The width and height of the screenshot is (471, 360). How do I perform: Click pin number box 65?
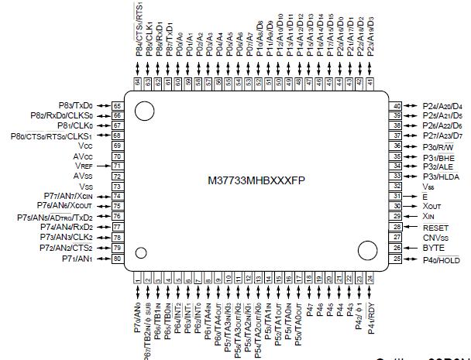(119, 105)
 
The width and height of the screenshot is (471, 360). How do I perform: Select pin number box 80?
(119, 259)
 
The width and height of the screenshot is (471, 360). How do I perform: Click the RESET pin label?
(436, 228)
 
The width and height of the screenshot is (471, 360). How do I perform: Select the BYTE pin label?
(432, 248)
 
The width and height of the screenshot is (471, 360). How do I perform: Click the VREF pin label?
(84, 166)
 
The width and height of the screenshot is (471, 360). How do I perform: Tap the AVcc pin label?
(84, 156)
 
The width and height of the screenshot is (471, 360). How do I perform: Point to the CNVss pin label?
(435, 238)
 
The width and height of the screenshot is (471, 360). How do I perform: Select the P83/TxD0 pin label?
(75, 105)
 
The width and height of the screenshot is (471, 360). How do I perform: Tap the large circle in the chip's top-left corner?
(143, 110)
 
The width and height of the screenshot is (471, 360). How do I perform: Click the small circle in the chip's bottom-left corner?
(140, 252)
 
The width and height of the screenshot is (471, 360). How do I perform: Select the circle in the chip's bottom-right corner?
(366, 250)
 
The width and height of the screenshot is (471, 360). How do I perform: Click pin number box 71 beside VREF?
(119, 166)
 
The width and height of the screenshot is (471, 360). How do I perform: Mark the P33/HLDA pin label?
(443, 177)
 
